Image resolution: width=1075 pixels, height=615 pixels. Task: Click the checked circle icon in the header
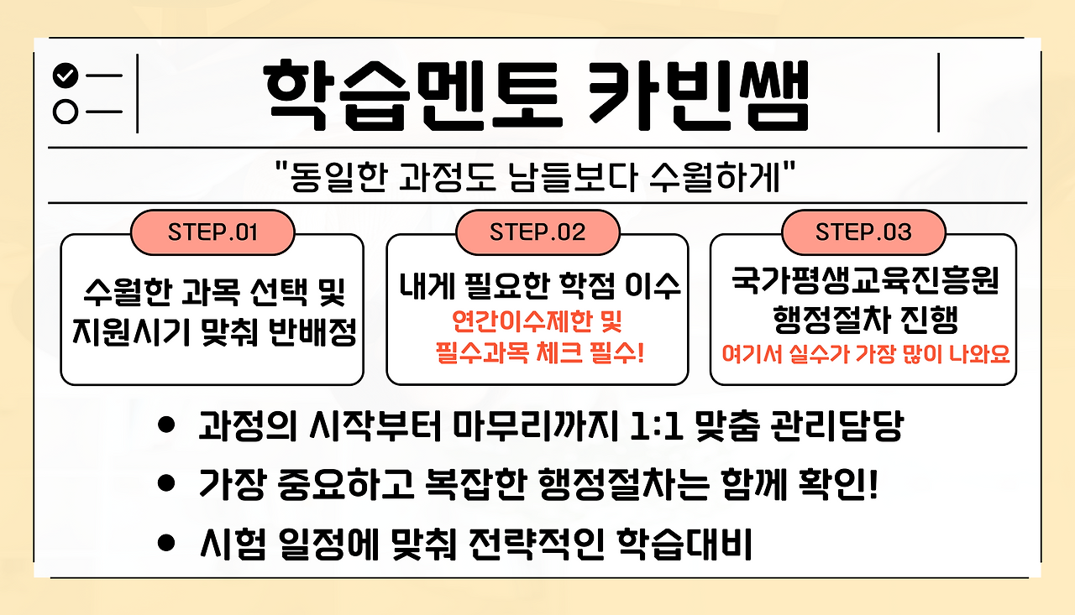click(66, 76)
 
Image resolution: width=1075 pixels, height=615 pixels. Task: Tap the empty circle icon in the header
click(66, 112)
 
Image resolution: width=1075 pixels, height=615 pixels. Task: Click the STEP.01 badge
click(212, 232)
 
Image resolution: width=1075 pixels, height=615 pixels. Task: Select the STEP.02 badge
click(537, 232)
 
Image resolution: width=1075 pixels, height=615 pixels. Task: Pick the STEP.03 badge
click(863, 232)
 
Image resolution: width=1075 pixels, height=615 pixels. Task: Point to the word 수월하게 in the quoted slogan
click(715, 177)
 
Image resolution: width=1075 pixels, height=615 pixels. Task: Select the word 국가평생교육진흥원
click(865, 281)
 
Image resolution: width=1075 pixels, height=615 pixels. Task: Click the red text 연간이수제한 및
click(537, 321)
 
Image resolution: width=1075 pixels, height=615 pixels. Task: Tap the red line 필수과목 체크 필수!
click(539, 352)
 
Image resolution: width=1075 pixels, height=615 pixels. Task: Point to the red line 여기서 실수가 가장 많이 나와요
click(866, 354)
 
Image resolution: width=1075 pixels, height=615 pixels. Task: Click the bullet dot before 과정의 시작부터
click(166, 425)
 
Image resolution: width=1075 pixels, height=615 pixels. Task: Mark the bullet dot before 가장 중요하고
click(166, 483)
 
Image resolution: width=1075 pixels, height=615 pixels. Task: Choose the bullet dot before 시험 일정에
click(166, 543)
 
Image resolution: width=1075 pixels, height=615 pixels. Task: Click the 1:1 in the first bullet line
click(656, 425)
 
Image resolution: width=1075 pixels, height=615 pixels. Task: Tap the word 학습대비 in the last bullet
click(684, 544)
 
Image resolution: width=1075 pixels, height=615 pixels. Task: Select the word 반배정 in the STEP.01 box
click(312, 331)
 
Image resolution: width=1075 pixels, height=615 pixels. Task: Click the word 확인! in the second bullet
click(838, 485)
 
